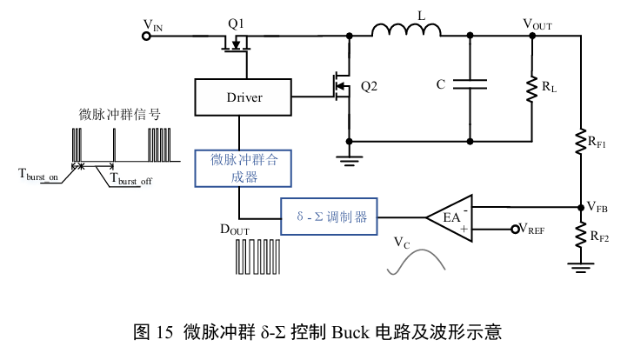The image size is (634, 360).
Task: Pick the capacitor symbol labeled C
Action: click(470, 85)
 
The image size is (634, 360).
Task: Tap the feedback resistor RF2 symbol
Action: click(581, 234)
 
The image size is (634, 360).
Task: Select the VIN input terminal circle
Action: click(145, 36)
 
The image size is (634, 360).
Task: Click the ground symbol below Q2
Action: click(349, 157)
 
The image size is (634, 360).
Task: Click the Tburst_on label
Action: click(38, 174)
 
